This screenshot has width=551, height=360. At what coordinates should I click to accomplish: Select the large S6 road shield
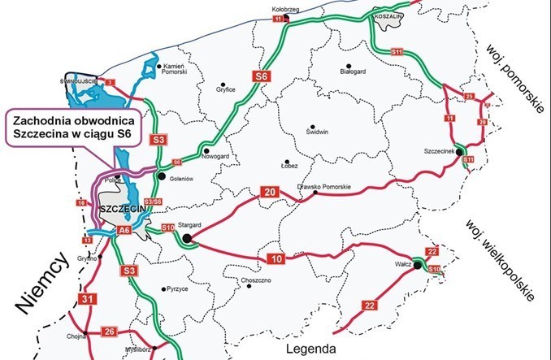pos(261,76)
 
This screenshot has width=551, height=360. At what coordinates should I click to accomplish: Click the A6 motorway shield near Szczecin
pos(124,231)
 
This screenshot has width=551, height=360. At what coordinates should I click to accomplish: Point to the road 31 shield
pos(88,301)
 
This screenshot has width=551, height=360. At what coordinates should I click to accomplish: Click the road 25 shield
pos(468,98)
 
